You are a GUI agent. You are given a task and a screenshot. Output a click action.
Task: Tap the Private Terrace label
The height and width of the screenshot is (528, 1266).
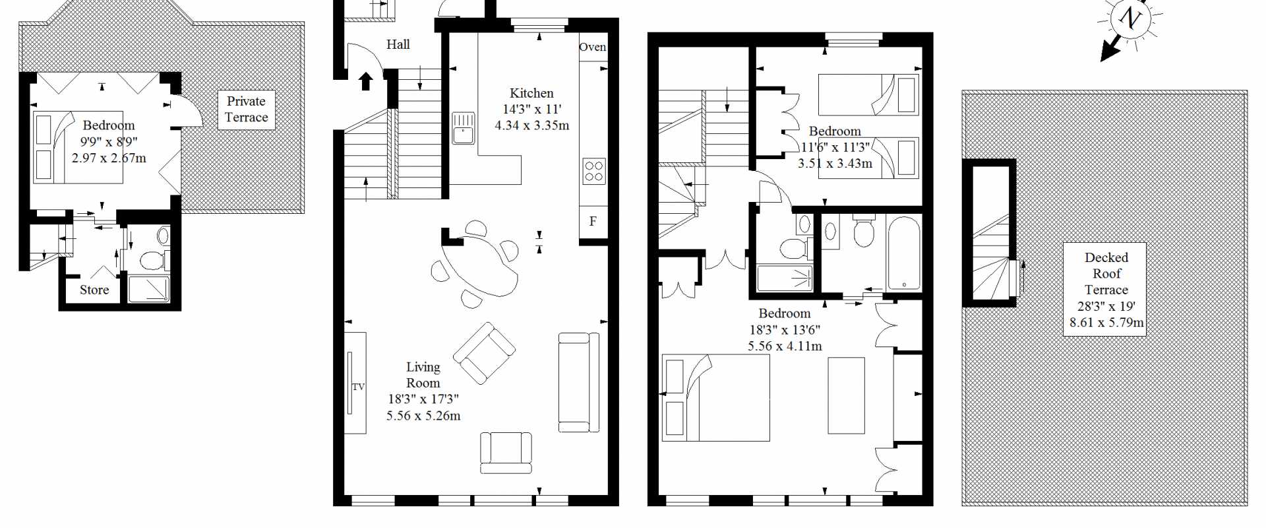246,110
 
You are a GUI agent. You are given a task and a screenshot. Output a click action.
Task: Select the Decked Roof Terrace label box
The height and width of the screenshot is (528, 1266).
1105,289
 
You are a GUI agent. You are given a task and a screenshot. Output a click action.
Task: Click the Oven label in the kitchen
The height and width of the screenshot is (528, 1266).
592,47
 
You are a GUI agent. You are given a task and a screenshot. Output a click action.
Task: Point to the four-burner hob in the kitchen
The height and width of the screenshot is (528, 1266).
593,171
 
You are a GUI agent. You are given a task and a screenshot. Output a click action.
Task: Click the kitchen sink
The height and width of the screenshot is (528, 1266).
464,128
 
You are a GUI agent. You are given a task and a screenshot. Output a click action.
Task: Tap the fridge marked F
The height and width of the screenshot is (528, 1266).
593,222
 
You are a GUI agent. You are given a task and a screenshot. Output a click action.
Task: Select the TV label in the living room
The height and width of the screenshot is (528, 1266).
358,387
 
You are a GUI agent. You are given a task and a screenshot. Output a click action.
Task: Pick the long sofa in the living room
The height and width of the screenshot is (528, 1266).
578,382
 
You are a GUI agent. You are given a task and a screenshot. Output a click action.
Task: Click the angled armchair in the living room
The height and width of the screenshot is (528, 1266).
484,353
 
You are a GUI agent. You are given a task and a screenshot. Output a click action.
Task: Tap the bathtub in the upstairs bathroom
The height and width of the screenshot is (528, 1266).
903,253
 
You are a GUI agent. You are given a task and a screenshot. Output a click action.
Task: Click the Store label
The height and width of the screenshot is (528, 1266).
94,290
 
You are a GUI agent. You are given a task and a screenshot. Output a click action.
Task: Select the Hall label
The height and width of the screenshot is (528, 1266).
398,44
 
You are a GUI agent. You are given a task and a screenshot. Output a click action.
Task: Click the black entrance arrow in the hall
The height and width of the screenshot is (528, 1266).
366,81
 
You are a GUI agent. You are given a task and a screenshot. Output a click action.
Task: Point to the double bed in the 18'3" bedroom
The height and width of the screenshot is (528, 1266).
715,398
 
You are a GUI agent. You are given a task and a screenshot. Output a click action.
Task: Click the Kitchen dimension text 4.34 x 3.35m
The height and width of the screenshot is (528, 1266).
531,125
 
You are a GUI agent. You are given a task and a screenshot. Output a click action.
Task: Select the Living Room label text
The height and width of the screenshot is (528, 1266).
423,375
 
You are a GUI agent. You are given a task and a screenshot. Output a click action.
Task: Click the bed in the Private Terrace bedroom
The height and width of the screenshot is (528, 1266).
78,147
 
